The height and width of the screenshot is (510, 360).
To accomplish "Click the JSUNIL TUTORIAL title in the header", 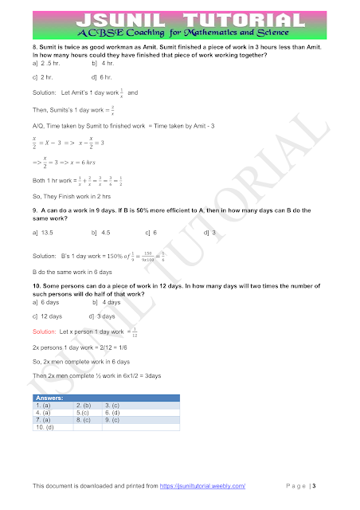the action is [x=181, y=21].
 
